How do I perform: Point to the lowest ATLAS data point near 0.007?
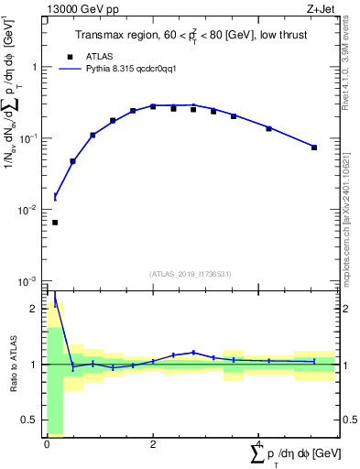point(55,223)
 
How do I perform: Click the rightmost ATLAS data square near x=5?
point(314,147)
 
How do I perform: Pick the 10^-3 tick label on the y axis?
point(29,280)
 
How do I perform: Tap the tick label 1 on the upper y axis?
point(35,68)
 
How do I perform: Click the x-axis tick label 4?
point(259,444)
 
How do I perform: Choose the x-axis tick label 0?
point(47,444)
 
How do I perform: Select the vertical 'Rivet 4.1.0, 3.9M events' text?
point(351,69)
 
